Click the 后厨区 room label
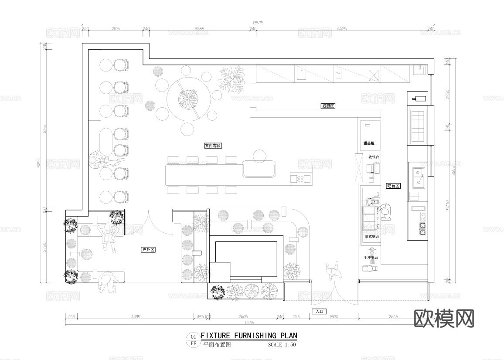(327, 106)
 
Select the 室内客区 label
(213, 146)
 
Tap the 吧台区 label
(393, 186)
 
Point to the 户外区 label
(148, 250)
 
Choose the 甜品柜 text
(369, 143)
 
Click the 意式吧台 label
(372, 236)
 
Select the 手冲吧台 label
(371, 258)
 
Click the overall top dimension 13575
(258, 23)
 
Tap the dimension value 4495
(135, 317)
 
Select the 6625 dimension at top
(342, 29)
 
